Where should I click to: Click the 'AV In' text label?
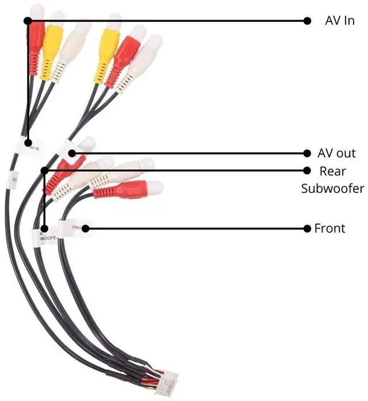[x=339, y=21]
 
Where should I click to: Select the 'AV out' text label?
[x=336, y=154]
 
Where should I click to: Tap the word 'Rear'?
[x=332, y=170]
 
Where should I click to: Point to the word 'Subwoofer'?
[x=332, y=188]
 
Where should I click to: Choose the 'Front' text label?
[x=329, y=228]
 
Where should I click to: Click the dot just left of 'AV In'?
[x=306, y=21]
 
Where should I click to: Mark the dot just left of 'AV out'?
[x=306, y=154]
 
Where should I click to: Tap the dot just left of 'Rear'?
[x=306, y=170]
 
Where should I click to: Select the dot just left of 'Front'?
[x=306, y=228]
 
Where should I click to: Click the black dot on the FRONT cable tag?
[x=86, y=228]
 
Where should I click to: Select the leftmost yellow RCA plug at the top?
[x=52, y=46]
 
